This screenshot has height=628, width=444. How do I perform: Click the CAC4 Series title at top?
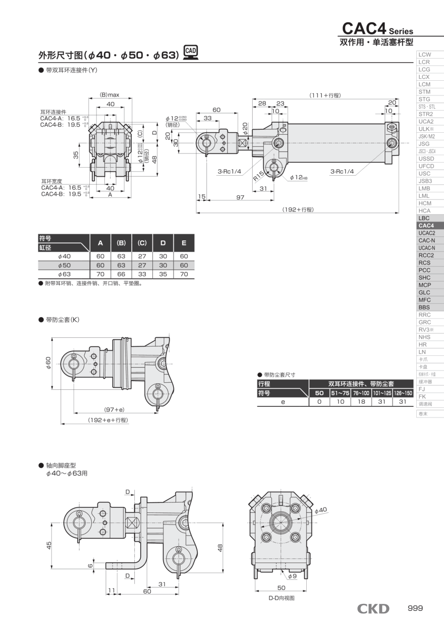tap(377, 28)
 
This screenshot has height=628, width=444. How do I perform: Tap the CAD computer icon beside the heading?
tap(191, 53)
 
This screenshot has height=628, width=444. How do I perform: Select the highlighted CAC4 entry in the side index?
tap(426, 225)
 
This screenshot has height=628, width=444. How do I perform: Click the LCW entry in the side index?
tap(424, 55)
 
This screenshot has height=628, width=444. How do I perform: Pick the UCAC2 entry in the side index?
tap(426, 233)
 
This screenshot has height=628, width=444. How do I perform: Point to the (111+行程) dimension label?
tap(324, 95)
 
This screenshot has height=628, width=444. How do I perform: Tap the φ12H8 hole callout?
tap(299, 178)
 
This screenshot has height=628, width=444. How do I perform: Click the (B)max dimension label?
tap(109, 94)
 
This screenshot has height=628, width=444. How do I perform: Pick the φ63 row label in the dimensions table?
tap(64, 274)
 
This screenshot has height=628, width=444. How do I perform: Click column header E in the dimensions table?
tap(184, 243)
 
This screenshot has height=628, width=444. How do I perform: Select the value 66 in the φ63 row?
tap(121, 274)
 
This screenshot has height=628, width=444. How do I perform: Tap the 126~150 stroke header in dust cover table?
tap(403, 393)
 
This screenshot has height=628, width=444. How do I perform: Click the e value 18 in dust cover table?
tap(361, 402)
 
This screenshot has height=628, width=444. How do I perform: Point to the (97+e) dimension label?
tap(114, 409)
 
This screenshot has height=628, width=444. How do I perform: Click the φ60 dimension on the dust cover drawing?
tap(48, 363)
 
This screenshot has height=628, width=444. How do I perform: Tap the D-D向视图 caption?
tap(281, 598)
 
